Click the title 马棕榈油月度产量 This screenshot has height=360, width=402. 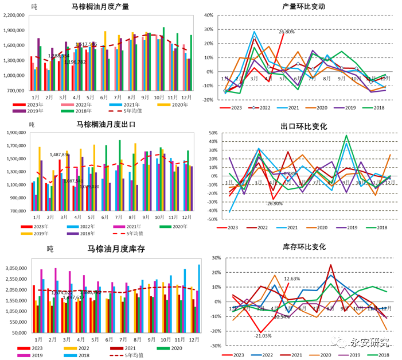tap(100, 7)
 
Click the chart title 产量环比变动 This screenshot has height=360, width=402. tap(303, 7)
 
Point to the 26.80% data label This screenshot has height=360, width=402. tap(287, 32)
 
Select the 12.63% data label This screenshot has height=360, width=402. tap(292, 279)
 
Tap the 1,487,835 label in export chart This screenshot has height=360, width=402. tap(59, 154)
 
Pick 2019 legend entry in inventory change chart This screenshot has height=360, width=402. tap(353, 355)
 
